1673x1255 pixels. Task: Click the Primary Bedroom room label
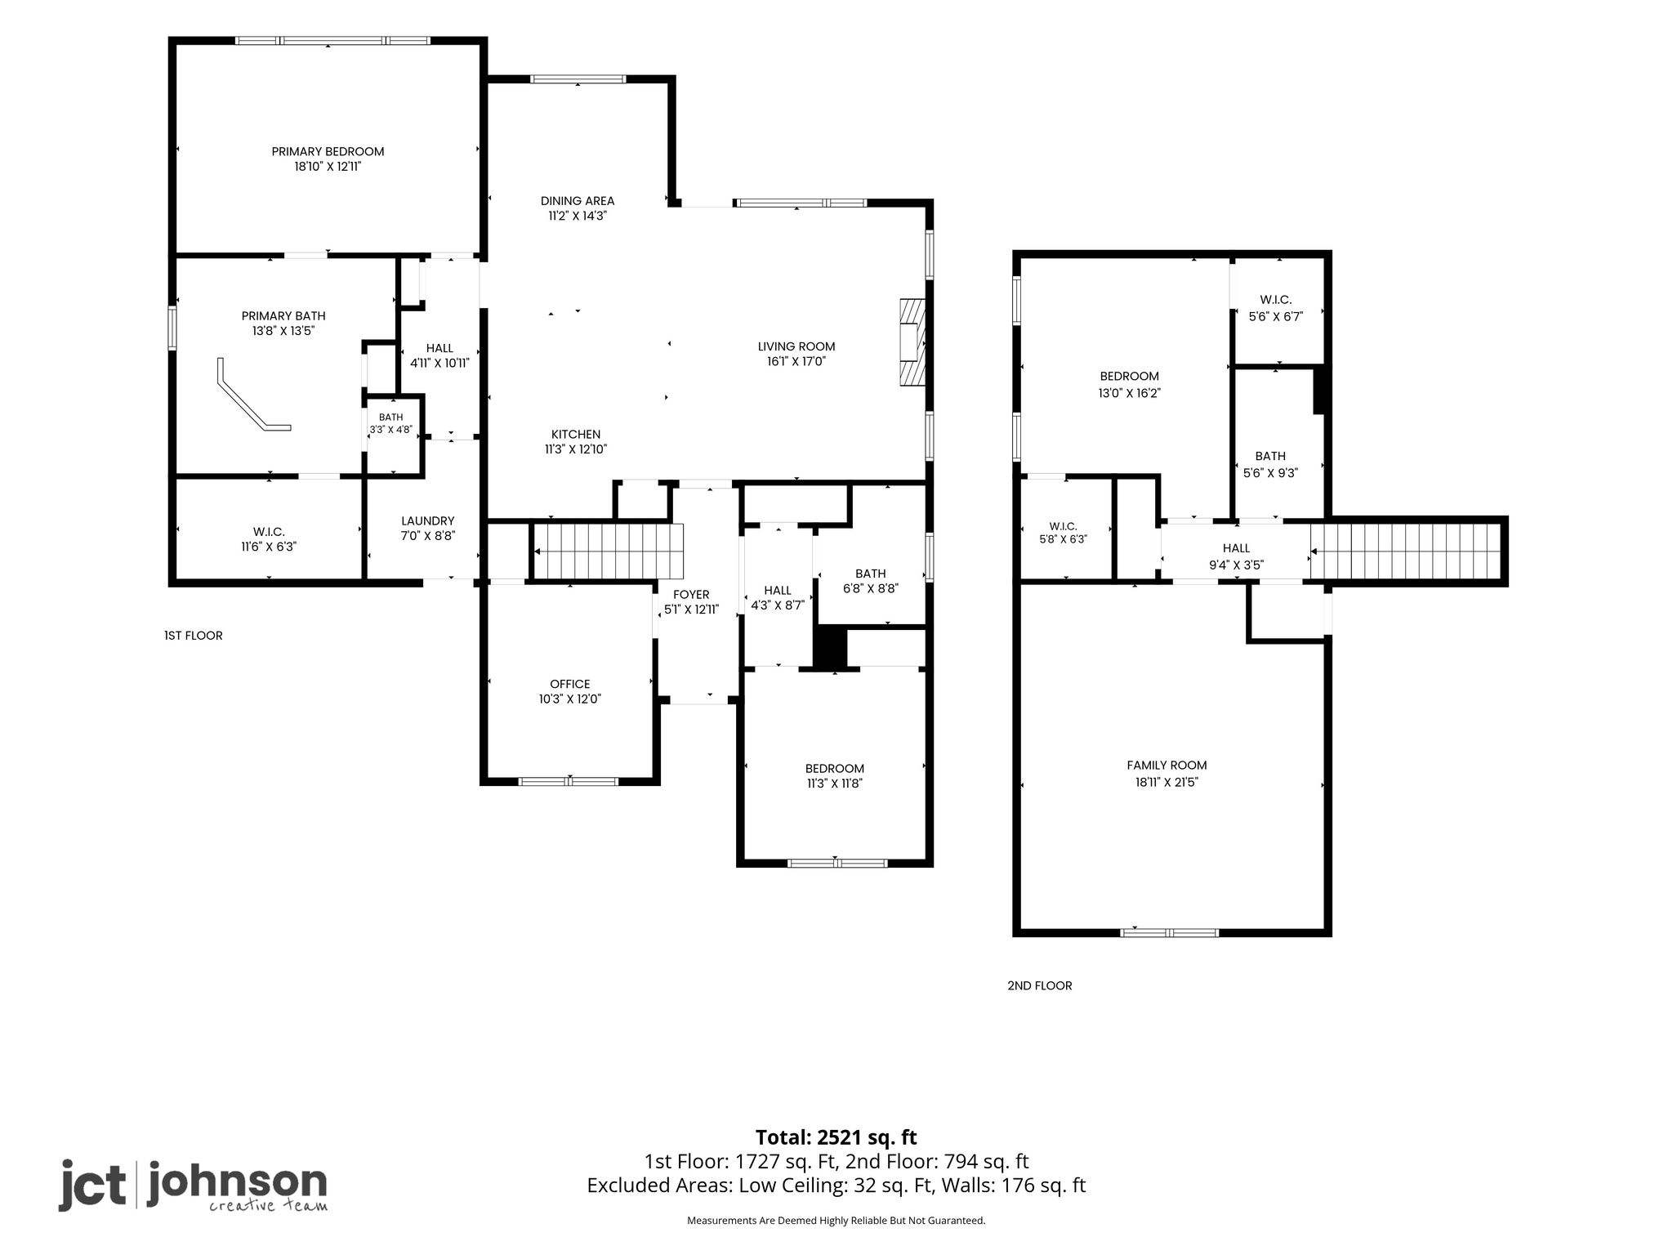pos(328,151)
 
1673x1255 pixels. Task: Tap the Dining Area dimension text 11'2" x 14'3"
pos(578,217)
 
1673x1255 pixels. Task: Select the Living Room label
pos(796,346)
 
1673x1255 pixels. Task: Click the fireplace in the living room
pos(912,342)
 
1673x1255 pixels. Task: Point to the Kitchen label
pos(576,435)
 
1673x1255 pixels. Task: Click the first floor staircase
pos(607,552)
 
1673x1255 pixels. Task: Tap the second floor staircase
pos(1406,552)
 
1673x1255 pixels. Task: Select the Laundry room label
pos(428,521)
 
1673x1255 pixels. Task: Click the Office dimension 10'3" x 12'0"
pos(570,699)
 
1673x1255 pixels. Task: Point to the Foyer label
pos(691,595)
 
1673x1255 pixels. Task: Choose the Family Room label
pos(1167,766)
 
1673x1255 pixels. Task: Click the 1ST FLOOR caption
pos(193,636)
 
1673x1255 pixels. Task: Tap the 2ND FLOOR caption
pos(1039,986)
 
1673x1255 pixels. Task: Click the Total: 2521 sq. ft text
pos(836,1137)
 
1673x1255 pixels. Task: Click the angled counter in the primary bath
pos(252,395)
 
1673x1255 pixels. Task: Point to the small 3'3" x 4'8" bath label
pos(391,423)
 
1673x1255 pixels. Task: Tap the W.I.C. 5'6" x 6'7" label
pos(1275,308)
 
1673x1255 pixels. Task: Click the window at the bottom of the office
pos(569,781)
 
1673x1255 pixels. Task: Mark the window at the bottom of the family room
pos(1170,932)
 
